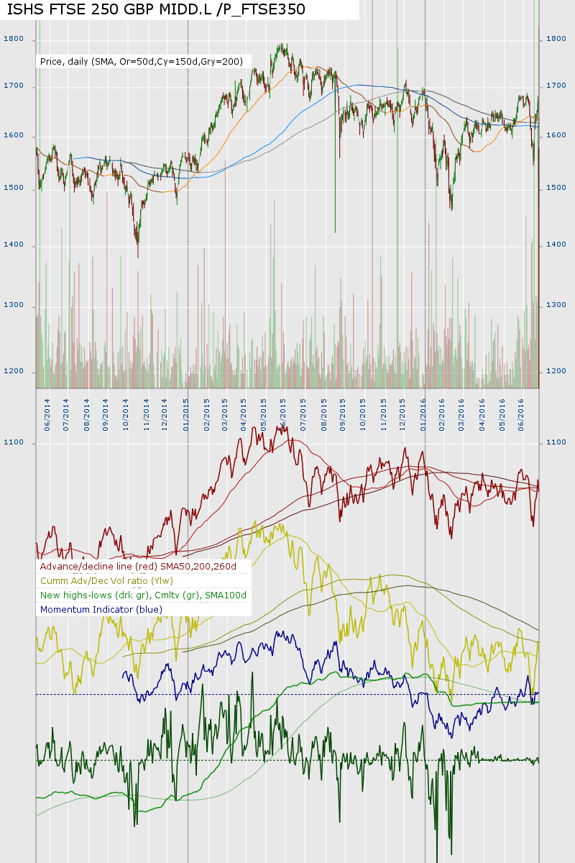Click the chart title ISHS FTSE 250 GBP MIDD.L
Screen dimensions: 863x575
pyautogui.click(x=156, y=9)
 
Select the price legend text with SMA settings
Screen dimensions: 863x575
pyautogui.click(x=142, y=62)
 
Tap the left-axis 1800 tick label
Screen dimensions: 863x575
pyautogui.click(x=14, y=39)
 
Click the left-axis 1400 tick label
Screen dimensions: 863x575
pyautogui.click(x=14, y=245)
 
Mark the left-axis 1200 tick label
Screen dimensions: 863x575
pyautogui.click(x=14, y=372)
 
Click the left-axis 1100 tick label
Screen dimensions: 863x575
pyautogui.click(x=14, y=443)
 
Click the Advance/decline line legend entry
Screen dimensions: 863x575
pyautogui.click(x=143, y=567)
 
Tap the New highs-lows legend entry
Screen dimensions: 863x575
pyautogui.click(x=143, y=595)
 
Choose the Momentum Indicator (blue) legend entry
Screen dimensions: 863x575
pyautogui.click(x=101, y=610)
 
